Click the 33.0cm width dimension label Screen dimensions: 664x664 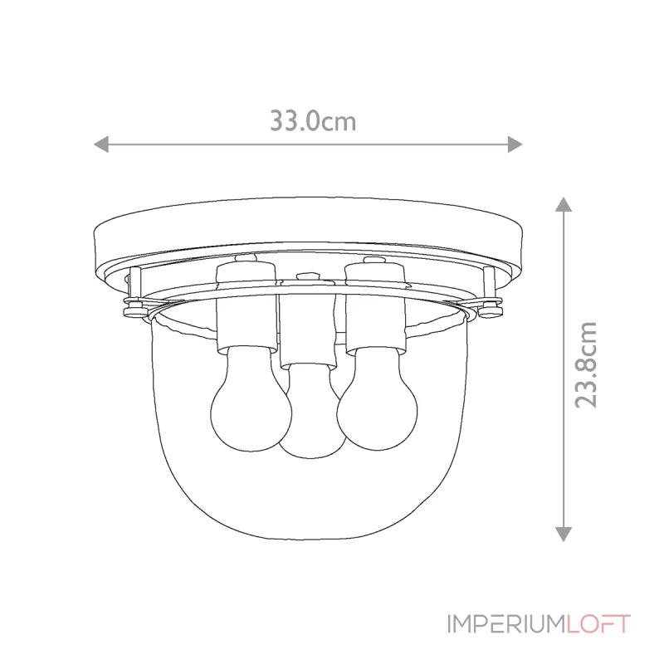[313, 120]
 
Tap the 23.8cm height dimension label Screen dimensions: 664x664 [586, 366]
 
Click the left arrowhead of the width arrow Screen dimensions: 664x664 [101, 144]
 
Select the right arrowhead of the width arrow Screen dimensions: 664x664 [515, 144]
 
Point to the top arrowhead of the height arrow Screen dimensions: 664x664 [564, 203]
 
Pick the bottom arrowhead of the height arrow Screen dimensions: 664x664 [564, 534]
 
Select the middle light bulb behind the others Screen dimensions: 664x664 [313, 415]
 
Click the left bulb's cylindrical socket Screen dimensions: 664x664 [246, 308]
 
